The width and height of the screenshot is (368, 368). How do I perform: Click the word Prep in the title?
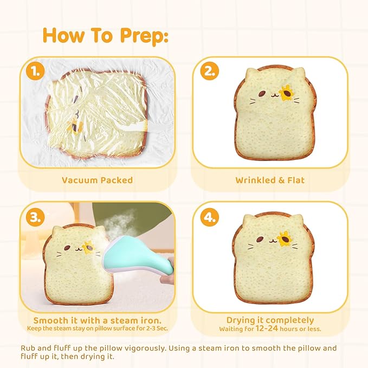tap(144, 36)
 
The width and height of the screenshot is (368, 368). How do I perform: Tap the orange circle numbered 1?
tap(35, 70)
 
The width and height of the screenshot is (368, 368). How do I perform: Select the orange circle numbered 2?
tap(210, 70)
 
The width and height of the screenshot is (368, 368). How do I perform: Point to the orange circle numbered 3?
tap(35, 217)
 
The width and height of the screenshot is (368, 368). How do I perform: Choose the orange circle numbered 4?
tap(210, 217)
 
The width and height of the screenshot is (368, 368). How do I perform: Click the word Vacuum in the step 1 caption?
tap(79, 180)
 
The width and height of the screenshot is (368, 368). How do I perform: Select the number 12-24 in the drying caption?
tap(267, 328)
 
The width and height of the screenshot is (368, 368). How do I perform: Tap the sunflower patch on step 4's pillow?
tap(285, 239)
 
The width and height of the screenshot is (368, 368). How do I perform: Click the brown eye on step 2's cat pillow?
tap(262, 94)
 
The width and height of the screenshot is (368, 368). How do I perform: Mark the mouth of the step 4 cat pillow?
tap(272, 241)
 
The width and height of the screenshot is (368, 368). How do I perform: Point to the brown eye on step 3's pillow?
tap(67, 248)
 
